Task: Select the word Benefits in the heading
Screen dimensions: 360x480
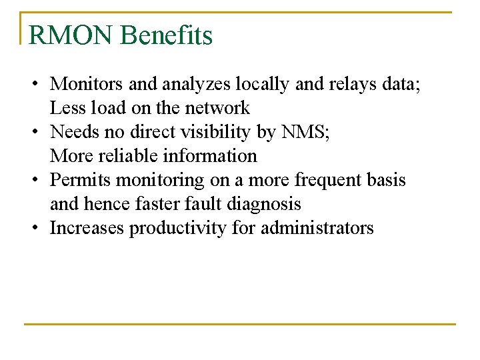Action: click(x=166, y=35)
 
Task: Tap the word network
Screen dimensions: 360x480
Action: click(x=217, y=108)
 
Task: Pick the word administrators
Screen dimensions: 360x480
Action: click(x=317, y=228)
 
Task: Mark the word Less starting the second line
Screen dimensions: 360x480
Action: click(x=65, y=108)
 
